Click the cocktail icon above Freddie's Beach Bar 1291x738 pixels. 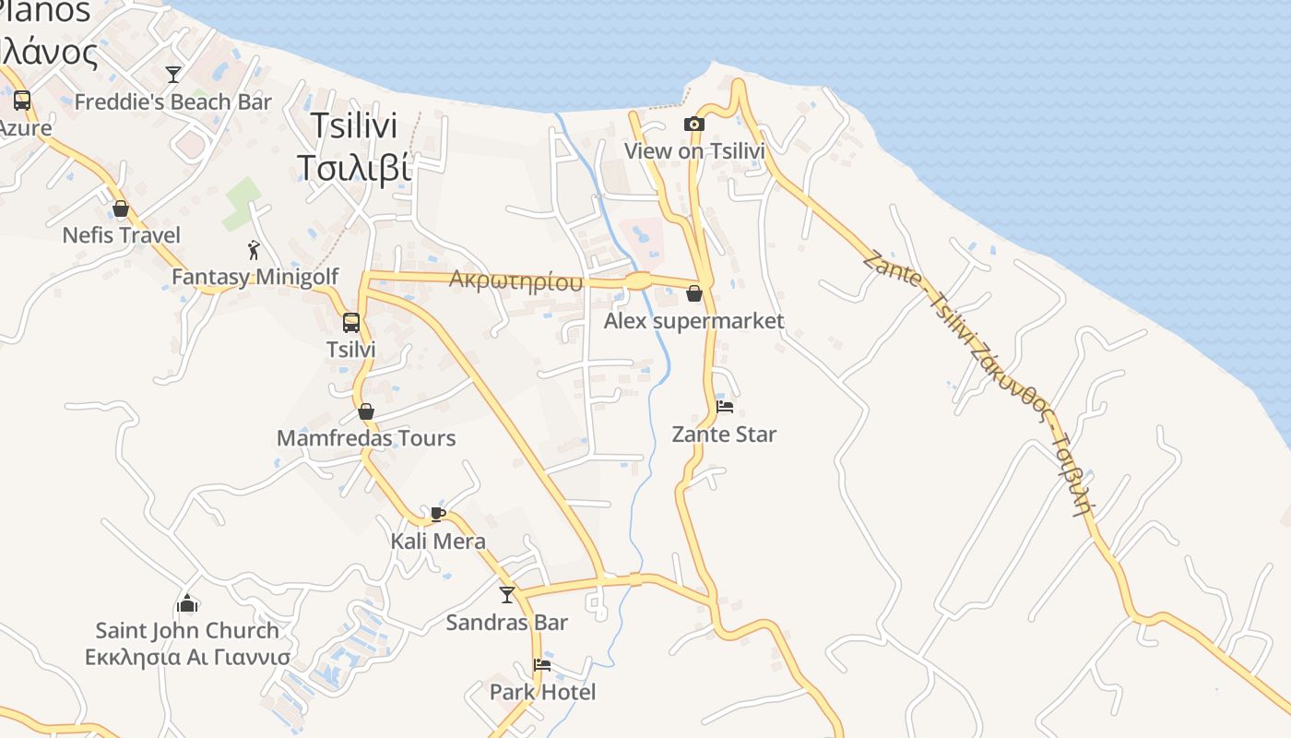pos(172,75)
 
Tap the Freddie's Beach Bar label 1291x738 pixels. pos(172,101)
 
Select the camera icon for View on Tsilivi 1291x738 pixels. pos(693,124)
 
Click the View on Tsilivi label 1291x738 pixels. pos(694,150)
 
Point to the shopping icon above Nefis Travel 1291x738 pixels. pos(121,208)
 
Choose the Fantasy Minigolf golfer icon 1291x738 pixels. pos(254,250)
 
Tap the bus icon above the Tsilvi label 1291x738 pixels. pos(351,323)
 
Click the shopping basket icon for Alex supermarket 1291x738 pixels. pos(693,294)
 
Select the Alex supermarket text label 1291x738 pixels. pos(693,321)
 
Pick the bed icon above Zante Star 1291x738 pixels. pos(725,407)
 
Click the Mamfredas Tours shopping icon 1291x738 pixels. pos(366,411)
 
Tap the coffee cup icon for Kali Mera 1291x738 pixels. pos(438,514)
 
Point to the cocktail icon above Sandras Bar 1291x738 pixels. pos(506,595)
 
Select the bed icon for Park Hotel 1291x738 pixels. pos(542,665)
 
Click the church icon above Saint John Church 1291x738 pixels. pos(187,604)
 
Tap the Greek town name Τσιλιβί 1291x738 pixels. pos(353,168)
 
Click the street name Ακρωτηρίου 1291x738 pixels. pos(515,280)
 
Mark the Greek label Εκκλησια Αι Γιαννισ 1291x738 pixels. pos(187,658)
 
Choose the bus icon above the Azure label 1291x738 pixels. pos(21,101)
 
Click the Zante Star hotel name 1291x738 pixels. pos(724,434)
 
